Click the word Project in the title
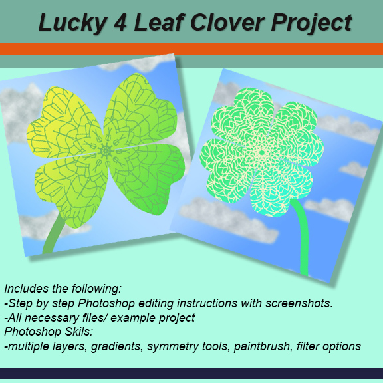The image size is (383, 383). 311,23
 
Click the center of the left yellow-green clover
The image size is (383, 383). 105,151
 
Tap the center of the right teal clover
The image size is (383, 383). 261,153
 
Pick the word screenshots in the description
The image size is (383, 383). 299,303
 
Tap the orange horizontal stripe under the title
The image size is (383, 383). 191,49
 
